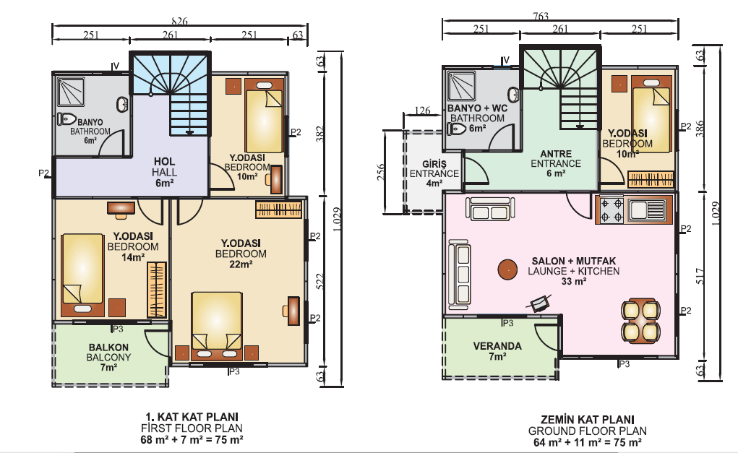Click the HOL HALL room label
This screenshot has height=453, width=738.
coord(165,172)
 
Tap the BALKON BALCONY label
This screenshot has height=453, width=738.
coord(108,357)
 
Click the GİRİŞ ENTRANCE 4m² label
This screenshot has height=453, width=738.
coord(434,173)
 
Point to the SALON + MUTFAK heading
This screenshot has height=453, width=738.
coord(574,261)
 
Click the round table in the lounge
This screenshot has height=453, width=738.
coord(508,270)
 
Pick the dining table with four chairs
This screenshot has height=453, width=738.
coord(640,321)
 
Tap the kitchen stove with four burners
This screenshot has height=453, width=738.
coord(611,210)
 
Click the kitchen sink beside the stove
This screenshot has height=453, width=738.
coord(646,210)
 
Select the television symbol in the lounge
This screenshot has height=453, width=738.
coord(539,303)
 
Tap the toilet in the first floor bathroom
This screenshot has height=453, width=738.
coord(66,119)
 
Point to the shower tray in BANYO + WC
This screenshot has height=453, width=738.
coord(462,86)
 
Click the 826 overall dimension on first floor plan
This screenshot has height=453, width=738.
coord(179,21)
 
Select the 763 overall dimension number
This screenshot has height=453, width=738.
coord(541,17)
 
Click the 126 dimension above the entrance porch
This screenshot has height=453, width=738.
coord(422,111)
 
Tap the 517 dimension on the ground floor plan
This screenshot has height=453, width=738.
coord(700,276)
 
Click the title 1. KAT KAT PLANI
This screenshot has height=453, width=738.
coord(192,417)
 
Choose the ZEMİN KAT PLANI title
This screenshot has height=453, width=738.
coord(588,420)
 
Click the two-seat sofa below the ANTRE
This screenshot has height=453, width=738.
coord(490,209)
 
